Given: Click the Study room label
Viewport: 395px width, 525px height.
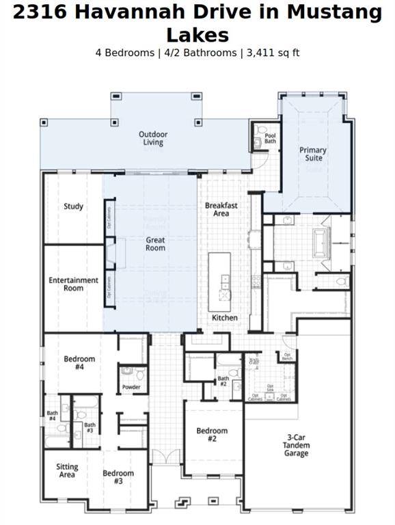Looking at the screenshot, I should click(x=74, y=206).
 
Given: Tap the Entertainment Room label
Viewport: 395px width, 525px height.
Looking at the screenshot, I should click(x=74, y=284).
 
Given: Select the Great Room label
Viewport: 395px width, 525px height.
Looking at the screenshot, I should click(x=155, y=244).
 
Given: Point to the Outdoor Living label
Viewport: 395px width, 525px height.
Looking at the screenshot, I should click(x=153, y=138).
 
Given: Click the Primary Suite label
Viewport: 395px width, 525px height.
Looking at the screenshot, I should click(x=313, y=154).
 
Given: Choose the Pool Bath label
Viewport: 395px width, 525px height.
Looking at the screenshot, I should click(x=271, y=139).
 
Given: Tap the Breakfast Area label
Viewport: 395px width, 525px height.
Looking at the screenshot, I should click(x=221, y=209).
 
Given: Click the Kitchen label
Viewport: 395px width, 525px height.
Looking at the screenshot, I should click(x=224, y=318).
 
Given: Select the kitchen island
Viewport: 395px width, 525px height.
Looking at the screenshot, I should click(x=219, y=277).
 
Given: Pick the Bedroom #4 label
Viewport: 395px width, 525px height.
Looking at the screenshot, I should click(x=79, y=363).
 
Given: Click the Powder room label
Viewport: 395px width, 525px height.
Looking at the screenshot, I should click(x=131, y=387).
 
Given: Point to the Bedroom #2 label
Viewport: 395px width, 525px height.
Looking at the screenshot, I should click(x=212, y=435).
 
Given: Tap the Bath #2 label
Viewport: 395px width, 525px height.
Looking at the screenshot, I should click(x=223, y=381).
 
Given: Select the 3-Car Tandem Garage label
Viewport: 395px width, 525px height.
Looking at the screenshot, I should click(x=297, y=445).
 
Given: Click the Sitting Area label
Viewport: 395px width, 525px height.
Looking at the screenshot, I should click(x=67, y=470).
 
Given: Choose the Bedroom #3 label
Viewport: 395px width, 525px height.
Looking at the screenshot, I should click(x=118, y=476).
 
